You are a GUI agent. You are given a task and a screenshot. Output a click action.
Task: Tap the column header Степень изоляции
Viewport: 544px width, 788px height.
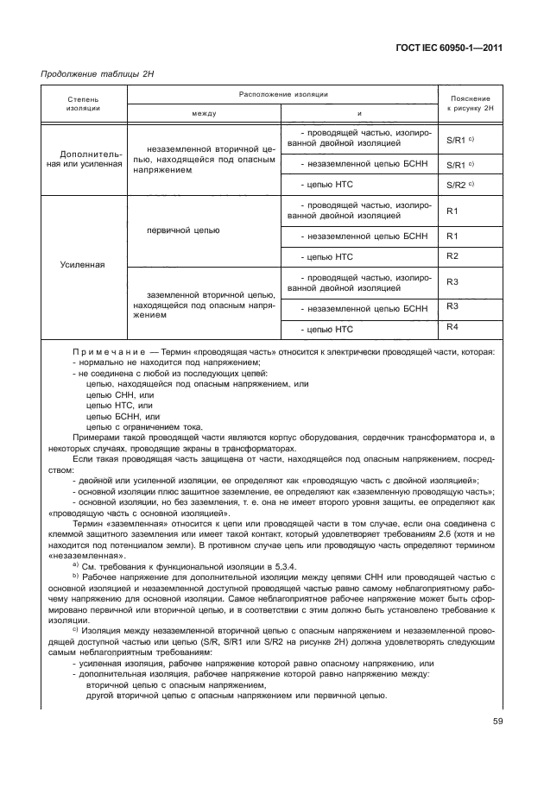point(83,105)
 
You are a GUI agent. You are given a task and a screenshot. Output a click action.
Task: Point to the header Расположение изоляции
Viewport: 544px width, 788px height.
point(281,93)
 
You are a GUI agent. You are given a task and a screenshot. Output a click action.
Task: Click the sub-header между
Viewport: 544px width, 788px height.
point(204,113)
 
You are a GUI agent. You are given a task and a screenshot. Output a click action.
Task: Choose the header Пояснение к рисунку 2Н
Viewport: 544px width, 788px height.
point(469,105)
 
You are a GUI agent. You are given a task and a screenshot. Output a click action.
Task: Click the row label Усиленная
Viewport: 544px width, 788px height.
point(83,265)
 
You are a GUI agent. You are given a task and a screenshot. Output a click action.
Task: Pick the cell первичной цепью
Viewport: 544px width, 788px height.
point(184,230)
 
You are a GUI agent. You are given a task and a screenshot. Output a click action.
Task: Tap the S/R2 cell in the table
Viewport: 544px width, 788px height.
point(457,186)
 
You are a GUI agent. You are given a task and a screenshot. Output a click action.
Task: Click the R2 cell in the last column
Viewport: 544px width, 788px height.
point(452,255)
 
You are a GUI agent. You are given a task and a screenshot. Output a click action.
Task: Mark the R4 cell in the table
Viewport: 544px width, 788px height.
point(452,326)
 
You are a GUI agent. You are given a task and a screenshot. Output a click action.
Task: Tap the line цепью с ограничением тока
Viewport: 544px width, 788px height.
point(144,425)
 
